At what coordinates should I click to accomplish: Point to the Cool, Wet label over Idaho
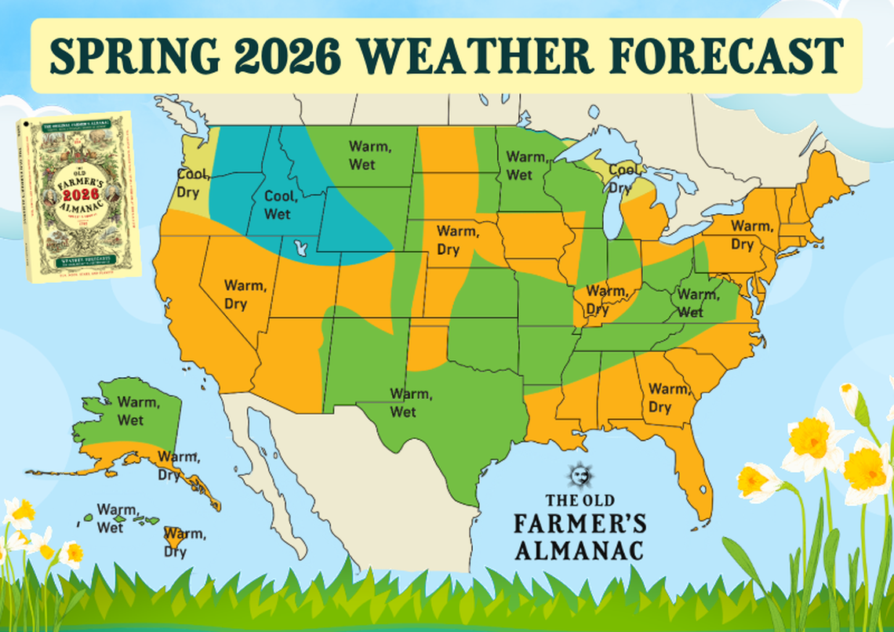point(278,204)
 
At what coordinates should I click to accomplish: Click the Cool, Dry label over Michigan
point(623,178)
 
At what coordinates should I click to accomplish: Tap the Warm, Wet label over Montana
point(362,154)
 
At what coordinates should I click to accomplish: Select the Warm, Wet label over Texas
point(409,401)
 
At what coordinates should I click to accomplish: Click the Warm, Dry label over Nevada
point(236,294)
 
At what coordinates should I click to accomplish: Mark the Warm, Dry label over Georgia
point(667,398)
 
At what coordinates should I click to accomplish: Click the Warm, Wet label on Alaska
point(130,411)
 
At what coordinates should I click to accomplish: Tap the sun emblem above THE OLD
point(580,475)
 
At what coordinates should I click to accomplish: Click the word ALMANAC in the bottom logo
point(580,548)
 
